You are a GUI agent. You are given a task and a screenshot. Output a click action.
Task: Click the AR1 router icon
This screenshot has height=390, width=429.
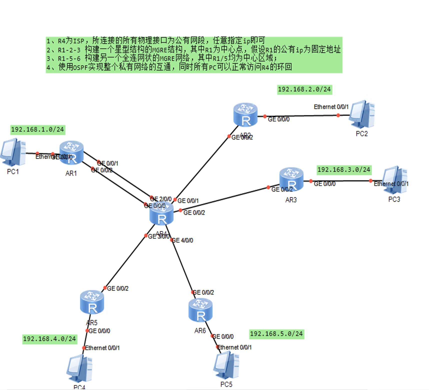(71, 152)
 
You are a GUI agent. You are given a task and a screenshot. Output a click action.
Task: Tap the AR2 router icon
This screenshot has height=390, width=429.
(245, 115)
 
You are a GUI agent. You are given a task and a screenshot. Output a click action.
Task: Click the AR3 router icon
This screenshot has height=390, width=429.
(291, 179)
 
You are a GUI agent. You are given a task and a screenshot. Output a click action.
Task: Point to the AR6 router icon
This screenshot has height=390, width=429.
(200, 310)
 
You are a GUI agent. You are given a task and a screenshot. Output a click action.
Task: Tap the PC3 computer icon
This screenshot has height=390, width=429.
(395, 179)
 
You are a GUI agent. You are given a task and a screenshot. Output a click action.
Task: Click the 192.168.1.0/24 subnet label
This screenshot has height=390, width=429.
(38, 130)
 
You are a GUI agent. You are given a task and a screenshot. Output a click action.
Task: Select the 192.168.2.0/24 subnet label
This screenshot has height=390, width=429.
(304, 89)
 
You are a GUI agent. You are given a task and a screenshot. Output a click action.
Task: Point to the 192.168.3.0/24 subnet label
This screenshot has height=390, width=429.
(344, 170)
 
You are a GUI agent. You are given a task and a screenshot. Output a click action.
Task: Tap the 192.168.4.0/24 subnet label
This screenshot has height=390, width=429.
(49, 339)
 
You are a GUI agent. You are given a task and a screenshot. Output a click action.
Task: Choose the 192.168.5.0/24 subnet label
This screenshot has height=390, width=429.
(276, 334)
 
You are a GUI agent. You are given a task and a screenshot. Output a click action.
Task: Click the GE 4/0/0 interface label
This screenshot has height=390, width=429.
(183, 241)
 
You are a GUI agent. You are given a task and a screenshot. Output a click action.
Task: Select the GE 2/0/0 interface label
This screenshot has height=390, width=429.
(161, 199)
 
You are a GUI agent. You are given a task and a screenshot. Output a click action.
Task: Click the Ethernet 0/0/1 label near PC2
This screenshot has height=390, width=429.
(331, 107)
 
